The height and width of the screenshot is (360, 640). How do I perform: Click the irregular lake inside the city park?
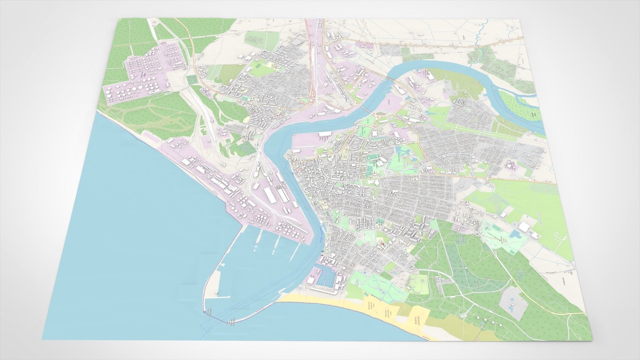point(403,150)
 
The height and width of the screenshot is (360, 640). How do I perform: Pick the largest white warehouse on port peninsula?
point(270,195)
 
